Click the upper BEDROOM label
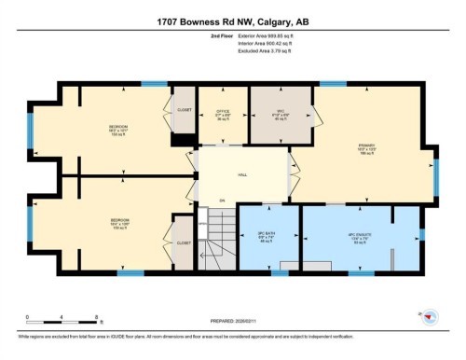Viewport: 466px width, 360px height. pos(116,126)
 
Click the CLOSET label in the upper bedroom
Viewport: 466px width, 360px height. pos(183,109)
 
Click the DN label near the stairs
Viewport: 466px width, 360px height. pos(222,201)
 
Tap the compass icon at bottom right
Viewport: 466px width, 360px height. pos(428,317)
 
